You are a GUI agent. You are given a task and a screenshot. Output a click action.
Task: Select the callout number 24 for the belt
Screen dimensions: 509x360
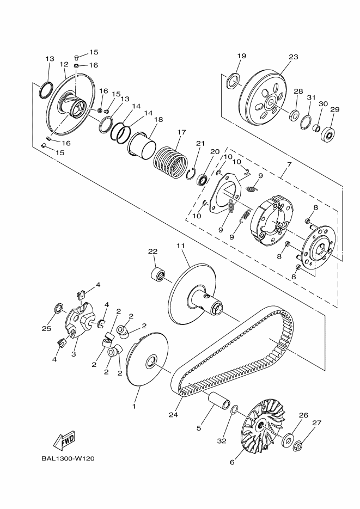[x=173, y=415]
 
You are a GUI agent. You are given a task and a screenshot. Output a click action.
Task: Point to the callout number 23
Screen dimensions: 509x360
[x=294, y=57]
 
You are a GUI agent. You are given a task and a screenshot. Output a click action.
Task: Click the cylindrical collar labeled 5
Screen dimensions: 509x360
[x=218, y=405]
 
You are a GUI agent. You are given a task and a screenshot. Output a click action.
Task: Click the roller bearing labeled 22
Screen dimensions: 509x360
[x=158, y=273]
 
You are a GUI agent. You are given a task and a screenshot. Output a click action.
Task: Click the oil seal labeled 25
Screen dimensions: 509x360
[x=57, y=310]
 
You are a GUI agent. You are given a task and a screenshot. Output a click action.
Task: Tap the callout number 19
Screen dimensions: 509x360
[x=242, y=56]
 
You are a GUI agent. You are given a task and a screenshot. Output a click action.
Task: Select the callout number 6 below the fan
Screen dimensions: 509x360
[x=232, y=463]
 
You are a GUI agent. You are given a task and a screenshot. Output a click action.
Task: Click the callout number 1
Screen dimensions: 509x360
[x=134, y=406]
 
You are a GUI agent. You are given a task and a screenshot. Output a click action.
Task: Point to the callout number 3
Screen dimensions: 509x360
[x=74, y=354]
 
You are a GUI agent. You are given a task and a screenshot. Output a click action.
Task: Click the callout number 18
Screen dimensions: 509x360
[x=158, y=120]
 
